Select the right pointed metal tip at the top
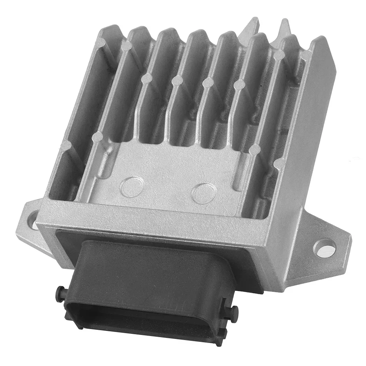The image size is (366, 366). click(x=284, y=27)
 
